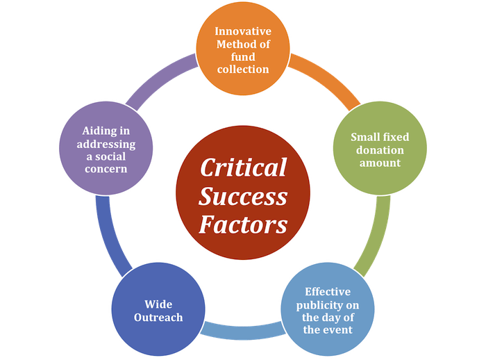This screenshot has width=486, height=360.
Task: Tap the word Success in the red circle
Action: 243,197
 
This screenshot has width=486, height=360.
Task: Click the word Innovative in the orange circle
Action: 242,31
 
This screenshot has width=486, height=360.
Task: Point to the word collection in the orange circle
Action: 242,69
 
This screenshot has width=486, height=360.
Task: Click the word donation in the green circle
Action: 379,150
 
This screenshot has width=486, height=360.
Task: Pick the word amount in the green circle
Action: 379,163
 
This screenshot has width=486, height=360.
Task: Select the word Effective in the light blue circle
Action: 328,291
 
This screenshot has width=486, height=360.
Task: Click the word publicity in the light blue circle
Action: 328,304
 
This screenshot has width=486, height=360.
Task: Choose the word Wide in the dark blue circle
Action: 158,304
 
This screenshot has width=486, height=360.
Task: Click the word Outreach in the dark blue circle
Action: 158,318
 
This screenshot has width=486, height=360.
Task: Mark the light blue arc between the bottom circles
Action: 243,329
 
